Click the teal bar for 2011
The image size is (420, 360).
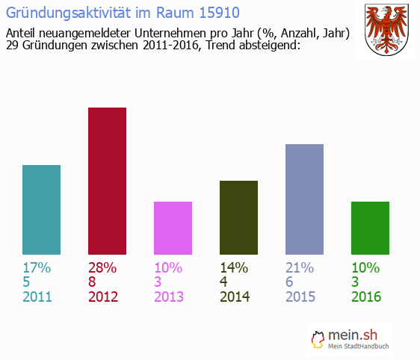(41, 210)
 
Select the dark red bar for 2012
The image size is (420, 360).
(107, 181)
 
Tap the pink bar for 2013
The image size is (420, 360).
(173, 228)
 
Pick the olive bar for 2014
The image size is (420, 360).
(238, 217)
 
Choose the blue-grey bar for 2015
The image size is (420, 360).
(304, 199)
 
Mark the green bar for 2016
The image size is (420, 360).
(370, 228)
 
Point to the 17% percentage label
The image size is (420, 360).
(37, 268)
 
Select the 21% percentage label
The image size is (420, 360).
(300, 268)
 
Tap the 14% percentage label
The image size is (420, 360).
(234, 268)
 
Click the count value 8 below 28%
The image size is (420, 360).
(93, 282)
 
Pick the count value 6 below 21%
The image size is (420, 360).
(290, 282)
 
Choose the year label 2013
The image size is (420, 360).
(169, 297)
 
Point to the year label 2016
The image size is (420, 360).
(366, 297)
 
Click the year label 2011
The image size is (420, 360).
(37, 297)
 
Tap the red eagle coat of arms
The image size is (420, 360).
(386, 31)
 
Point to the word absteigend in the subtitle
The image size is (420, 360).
(263, 46)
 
